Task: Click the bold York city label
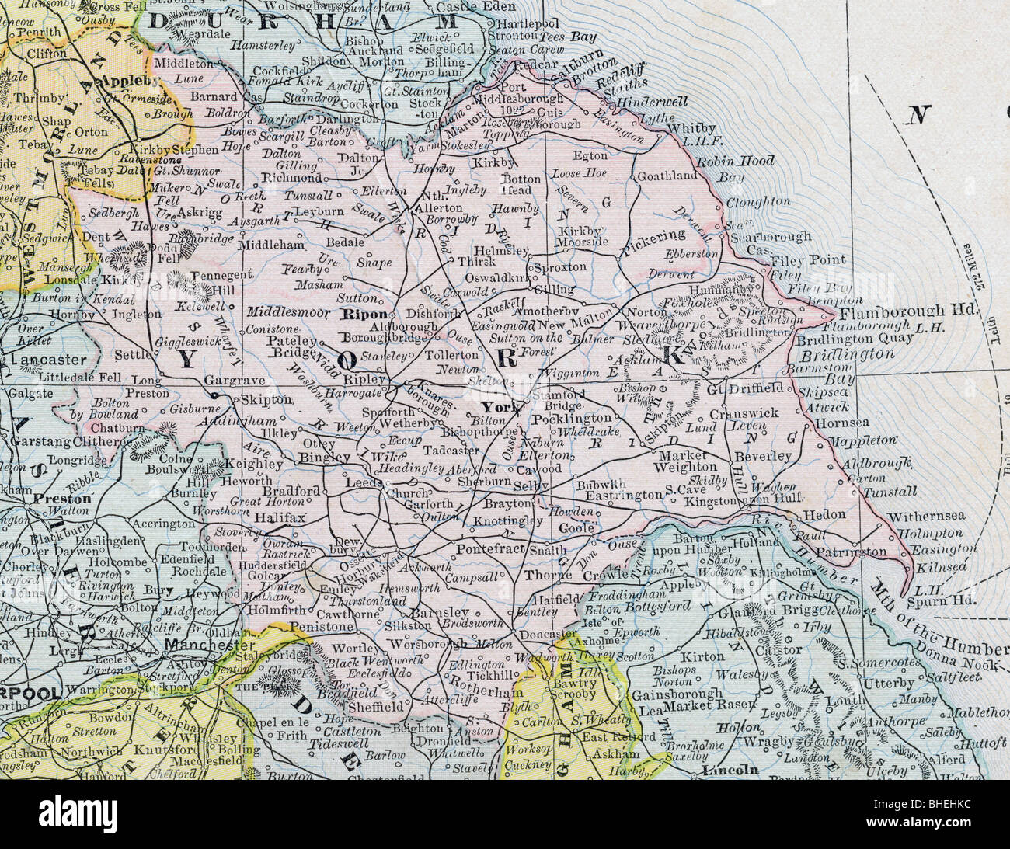(495, 408)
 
